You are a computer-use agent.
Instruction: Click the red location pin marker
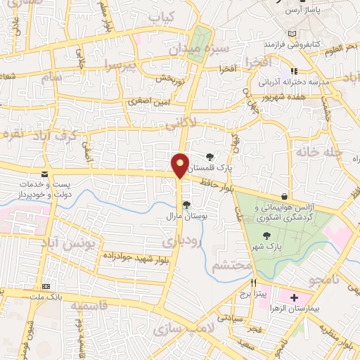pos(181,166)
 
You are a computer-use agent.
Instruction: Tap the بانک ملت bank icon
pos(46,287)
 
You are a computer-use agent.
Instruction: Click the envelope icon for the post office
pos(45,174)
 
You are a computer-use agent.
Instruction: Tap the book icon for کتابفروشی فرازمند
pos(293,33)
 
